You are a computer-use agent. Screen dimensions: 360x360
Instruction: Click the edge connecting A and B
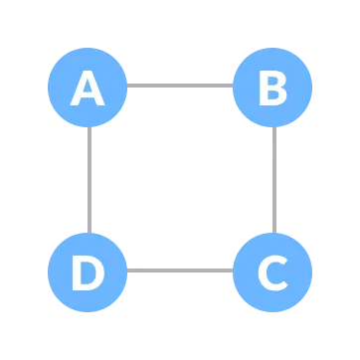pos(180,86)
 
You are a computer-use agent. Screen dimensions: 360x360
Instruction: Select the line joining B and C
pos(273,179)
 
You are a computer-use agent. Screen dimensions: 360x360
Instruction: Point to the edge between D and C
pos(180,270)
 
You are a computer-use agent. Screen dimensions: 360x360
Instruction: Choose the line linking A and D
pos(89,179)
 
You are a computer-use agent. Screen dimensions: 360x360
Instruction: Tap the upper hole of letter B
pos(272,82)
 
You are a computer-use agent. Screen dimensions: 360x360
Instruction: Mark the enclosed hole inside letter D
pos(89,271)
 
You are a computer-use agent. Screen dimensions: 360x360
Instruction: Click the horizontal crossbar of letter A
pos(88,96)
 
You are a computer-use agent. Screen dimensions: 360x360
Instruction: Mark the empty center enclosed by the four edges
pos(180,179)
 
